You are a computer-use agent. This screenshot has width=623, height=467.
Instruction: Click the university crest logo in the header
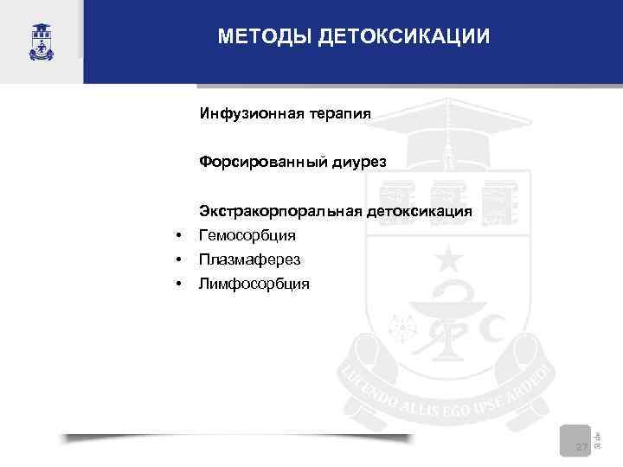coord(41,41)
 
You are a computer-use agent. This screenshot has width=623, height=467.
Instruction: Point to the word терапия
coord(338,113)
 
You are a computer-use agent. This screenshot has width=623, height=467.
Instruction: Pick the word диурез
coord(356,162)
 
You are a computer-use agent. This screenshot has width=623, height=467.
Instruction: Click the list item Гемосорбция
coord(247,235)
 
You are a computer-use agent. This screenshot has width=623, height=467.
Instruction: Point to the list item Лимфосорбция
coord(254,284)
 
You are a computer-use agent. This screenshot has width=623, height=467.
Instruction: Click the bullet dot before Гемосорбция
coord(177,235)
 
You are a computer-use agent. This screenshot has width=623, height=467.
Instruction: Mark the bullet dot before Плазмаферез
coord(177,259)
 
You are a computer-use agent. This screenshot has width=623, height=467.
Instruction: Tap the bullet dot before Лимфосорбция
coord(177,284)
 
